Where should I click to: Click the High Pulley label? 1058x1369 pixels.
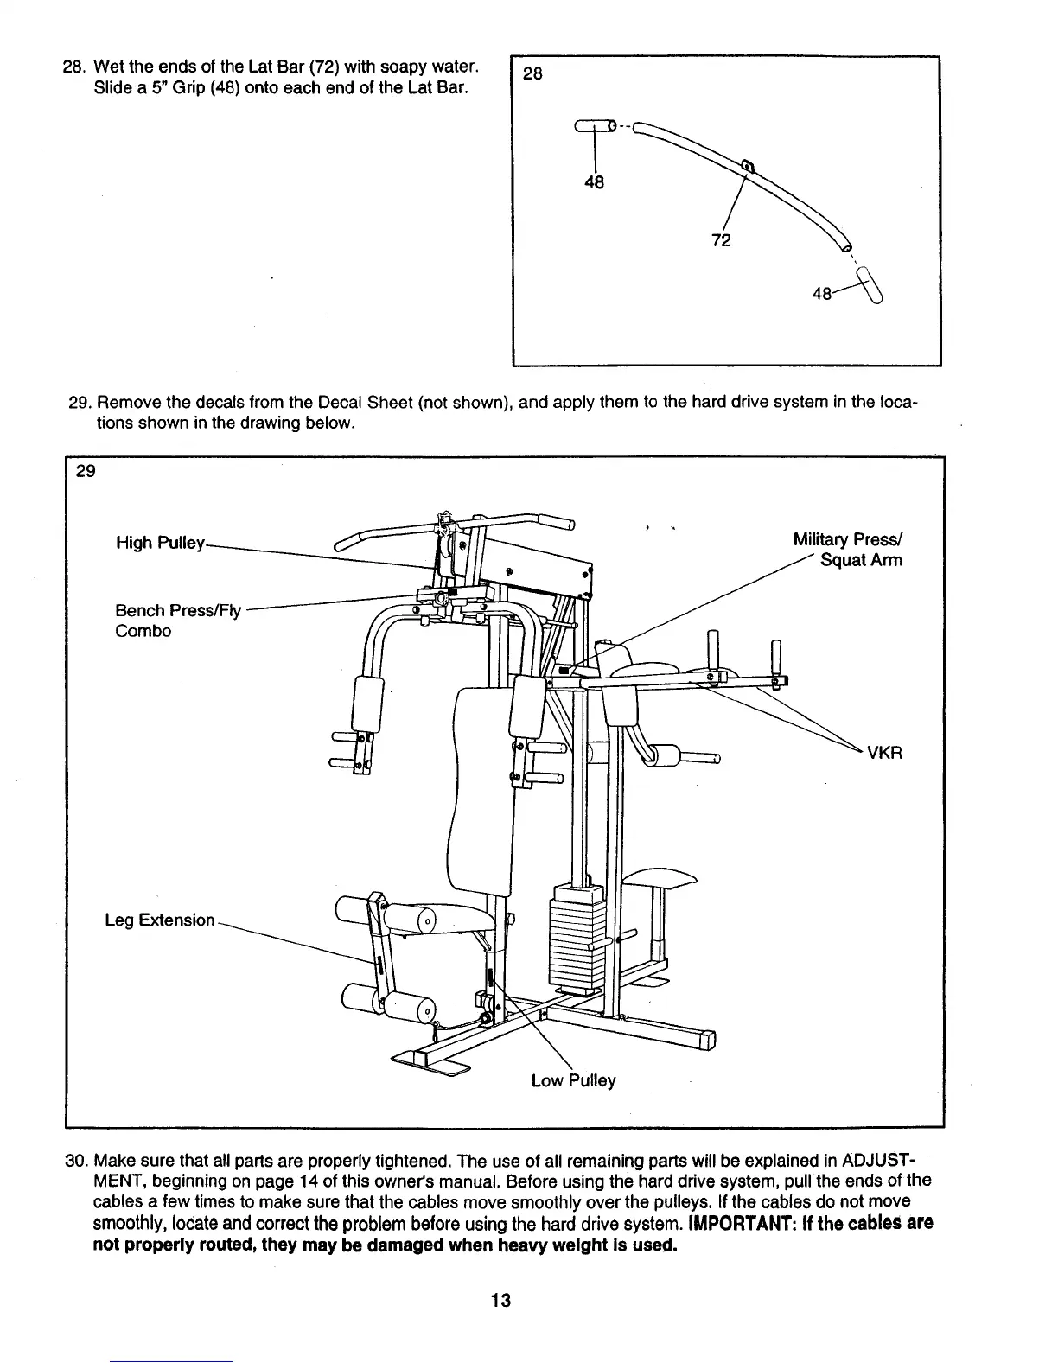click(x=160, y=543)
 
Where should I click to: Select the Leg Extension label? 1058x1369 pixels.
click(x=159, y=920)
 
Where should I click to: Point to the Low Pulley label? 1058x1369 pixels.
click(x=573, y=1080)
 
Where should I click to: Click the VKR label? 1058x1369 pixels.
click(x=884, y=752)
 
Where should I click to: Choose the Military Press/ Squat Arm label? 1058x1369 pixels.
click(x=847, y=550)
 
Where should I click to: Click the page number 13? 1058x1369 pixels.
click(x=500, y=1300)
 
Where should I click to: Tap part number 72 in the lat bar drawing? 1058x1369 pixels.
click(x=721, y=239)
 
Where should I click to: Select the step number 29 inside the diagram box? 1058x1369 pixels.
click(x=86, y=471)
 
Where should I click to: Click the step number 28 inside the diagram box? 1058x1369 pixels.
click(x=533, y=73)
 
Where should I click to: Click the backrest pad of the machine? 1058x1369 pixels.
click(x=481, y=786)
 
